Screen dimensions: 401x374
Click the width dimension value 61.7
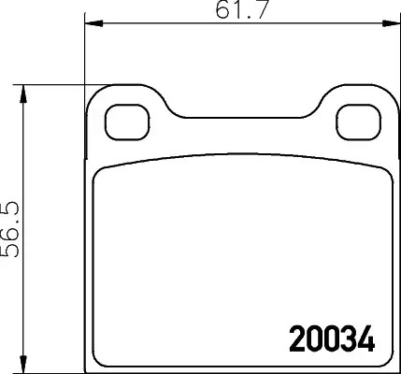pyautogui.click(x=241, y=9)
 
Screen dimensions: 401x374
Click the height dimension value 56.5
pyautogui.click(x=11, y=229)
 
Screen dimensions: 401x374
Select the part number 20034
pyautogui.click(x=332, y=338)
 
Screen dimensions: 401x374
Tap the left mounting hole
pyautogui.click(x=127, y=122)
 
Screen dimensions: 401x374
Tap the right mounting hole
pyautogui.click(x=358, y=122)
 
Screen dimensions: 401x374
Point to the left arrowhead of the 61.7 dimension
pyautogui.click(x=93, y=23)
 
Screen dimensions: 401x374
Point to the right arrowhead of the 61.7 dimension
pyautogui.click(x=392, y=23)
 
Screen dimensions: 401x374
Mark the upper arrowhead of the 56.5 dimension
pyautogui.click(x=22, y=93)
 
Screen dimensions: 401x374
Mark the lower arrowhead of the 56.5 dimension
pyautogui.click(x=22, y=364)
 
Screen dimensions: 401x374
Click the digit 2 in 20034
pyautogui.click(x=297, y=338)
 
